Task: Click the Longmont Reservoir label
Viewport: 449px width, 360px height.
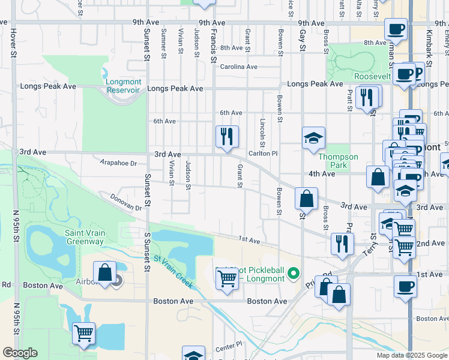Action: click(122, 86)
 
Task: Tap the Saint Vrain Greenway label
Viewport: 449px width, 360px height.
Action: click(84, 237)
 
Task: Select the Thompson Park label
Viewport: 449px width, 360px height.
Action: click(338, 161)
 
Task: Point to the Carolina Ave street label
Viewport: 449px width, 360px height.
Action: click(238, 67)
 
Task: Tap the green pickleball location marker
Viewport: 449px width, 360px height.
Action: click(294, 274)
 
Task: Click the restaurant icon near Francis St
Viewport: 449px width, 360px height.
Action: click(227, 136)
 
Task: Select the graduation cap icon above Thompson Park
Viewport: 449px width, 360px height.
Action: click(313, 138)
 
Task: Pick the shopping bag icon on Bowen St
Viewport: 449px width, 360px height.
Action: click(306, 198)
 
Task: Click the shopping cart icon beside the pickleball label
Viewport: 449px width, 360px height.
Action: click(227, 278)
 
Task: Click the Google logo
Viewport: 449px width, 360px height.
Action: click(20, 353)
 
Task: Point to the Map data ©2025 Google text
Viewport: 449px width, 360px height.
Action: click(411, 355)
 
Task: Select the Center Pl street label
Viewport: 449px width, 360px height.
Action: click(228, 346)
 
